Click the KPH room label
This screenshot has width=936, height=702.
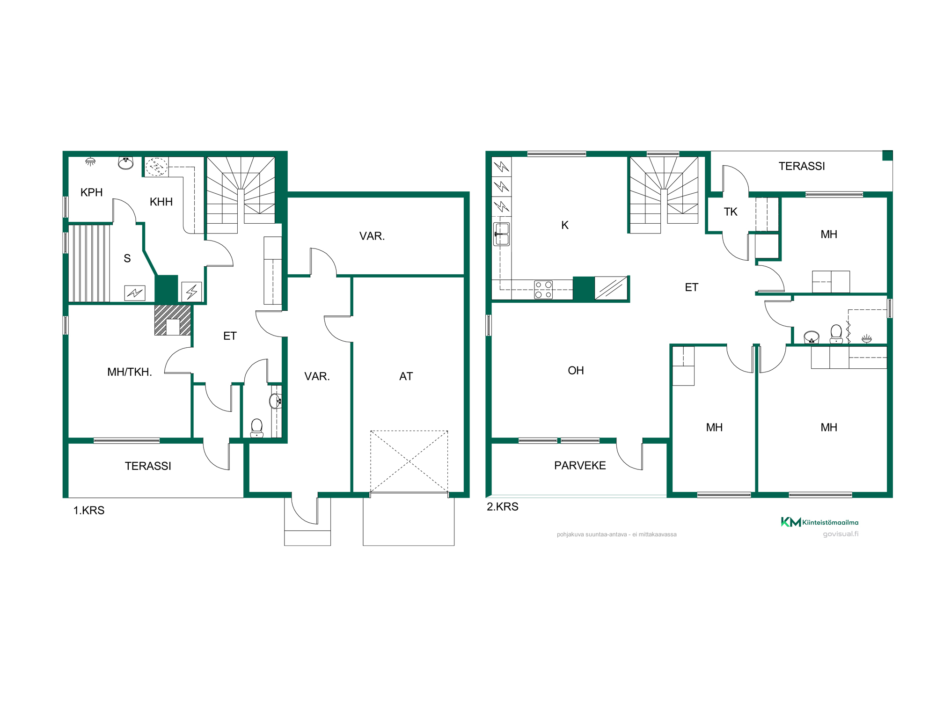point(91,192)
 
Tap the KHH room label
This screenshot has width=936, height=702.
point(161,202)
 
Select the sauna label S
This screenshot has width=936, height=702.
point(127,258)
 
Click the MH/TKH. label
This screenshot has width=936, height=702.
point(130,372)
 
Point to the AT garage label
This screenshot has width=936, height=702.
point(406,376)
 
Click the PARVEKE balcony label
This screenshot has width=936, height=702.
point(580,465)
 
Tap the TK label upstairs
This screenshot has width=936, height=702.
point(730,212)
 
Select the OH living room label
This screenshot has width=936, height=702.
point(576,371)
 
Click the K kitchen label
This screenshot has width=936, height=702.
point(565,225)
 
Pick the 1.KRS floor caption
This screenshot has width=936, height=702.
point(89,510)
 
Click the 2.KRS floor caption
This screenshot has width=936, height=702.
point(503,506)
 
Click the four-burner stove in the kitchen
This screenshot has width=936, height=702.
point(543,290)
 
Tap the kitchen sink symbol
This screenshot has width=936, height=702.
point(502,234)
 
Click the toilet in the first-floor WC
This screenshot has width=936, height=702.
point(256,428)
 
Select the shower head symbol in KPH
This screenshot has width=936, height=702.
point(90,162)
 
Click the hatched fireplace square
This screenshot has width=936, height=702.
point(173,320)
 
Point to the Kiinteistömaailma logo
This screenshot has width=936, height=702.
point(819,522)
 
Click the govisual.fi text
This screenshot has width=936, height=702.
point(841,534)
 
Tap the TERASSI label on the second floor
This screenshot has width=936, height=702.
point(802,166)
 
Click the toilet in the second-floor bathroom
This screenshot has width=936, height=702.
point(836,334)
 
